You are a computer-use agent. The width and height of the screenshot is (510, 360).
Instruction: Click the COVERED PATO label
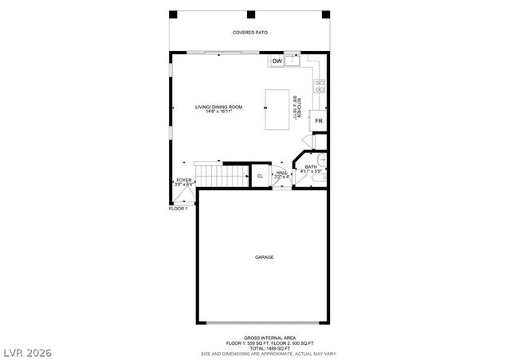(249, 33)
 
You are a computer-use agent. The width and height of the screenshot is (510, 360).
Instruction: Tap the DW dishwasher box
(277, 61)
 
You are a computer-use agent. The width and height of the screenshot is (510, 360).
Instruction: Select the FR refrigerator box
(318, 120)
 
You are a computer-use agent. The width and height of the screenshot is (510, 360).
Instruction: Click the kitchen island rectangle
(278, 109)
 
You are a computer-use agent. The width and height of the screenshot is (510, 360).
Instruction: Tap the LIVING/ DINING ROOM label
(218, 106)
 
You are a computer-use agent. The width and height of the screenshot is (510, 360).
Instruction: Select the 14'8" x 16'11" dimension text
(218, 112)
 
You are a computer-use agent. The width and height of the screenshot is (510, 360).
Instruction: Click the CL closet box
(260, 175)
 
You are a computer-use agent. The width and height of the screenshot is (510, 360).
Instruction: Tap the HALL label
(281, 172)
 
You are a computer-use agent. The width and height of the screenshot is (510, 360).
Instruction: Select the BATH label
(310, 166)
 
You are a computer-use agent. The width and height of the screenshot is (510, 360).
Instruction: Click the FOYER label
(183, 181)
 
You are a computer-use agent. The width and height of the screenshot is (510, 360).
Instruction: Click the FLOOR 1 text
(178, 209)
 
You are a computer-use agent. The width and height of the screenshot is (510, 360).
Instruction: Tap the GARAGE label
(265, 257)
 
